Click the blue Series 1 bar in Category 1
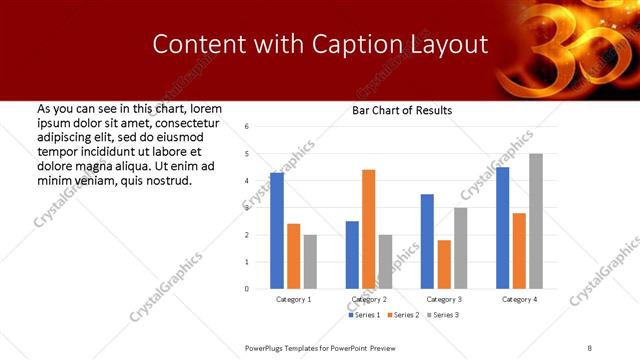(277, 231)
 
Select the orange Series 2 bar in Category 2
(369, 229)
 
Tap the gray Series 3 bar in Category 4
(536, 221)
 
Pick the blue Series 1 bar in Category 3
(427, 241)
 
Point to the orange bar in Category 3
(444, 264)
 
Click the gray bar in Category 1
(310, 262)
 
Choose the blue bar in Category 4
(502, 228)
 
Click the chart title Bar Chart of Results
(402, 110)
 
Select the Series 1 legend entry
(364, 316)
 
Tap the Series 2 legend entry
(405, 316)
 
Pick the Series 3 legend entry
(445, 316)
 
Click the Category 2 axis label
(369, 300)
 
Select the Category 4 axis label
(519, 300)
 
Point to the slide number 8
(590, 347)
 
